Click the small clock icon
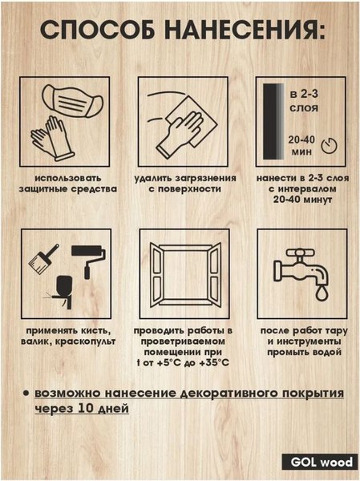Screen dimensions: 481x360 point(325,146)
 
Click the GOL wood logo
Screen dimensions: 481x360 point(318,463)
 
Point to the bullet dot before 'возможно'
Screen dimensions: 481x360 point(26,394)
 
